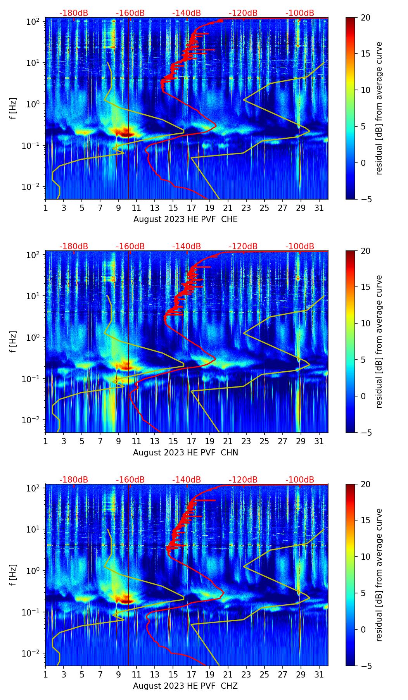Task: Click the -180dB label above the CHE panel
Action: pos(74,13)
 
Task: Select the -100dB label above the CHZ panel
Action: pos(300,480)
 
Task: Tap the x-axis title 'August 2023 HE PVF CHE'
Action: pos(185,219)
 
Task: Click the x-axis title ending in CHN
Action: pos(185,453)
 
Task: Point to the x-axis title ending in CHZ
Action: pos(185,686)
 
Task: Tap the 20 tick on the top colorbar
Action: pos(365,17)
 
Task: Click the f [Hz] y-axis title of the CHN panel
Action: pos(13,341)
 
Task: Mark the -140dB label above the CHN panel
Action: pos(187,247)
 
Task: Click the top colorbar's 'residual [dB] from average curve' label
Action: pos(379,108)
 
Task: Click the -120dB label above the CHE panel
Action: pos(243,13)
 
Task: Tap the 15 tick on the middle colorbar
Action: pos(365,287)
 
